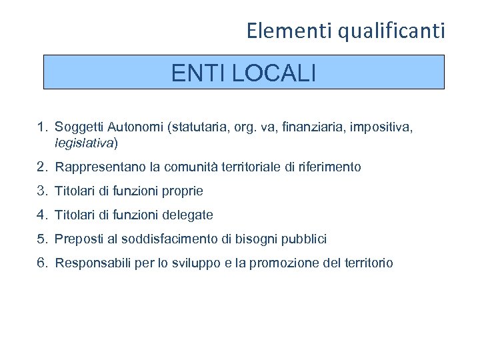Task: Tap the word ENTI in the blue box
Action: [199, 73]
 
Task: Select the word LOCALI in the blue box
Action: [274, 73]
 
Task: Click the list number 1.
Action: [41, 127]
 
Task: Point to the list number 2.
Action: [41, 167]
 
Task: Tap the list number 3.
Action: [41, 191]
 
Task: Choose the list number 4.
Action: [41, 215]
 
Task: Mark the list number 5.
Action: [41, 239]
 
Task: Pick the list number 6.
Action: [41, 263]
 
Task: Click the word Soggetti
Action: [76, 127]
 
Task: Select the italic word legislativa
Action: [85, 142]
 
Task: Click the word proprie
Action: [181, 191]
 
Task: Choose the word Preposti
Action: [77, 239]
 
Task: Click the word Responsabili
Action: [91, 263]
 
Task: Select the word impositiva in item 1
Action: [381, 127]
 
